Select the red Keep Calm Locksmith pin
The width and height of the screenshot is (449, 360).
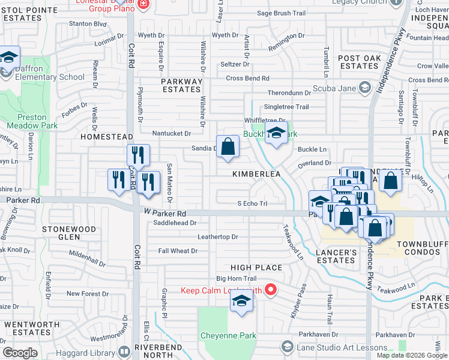(270, 290)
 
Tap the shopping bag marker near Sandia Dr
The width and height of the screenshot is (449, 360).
(228, 147)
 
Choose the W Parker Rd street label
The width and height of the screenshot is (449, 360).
(165, 213)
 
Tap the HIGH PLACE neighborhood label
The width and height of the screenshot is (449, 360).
(257, 268)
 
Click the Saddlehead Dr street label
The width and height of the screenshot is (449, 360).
(175, 223)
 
